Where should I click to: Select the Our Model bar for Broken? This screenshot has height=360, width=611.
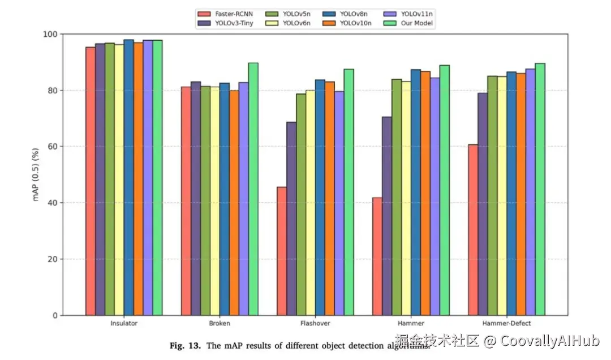(253, 189)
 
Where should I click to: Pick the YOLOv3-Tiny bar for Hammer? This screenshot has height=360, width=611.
(387, 216)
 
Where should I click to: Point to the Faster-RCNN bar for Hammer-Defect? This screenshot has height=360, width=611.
(473, 229)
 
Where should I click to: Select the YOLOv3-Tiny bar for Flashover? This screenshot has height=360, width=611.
(291, 218)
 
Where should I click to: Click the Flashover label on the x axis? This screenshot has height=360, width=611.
(315, 324)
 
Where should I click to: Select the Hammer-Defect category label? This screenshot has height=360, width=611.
(507, 324)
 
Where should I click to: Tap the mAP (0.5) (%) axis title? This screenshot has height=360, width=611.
(36, 174)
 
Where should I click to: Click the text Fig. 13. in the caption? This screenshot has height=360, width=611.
(185, 345)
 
